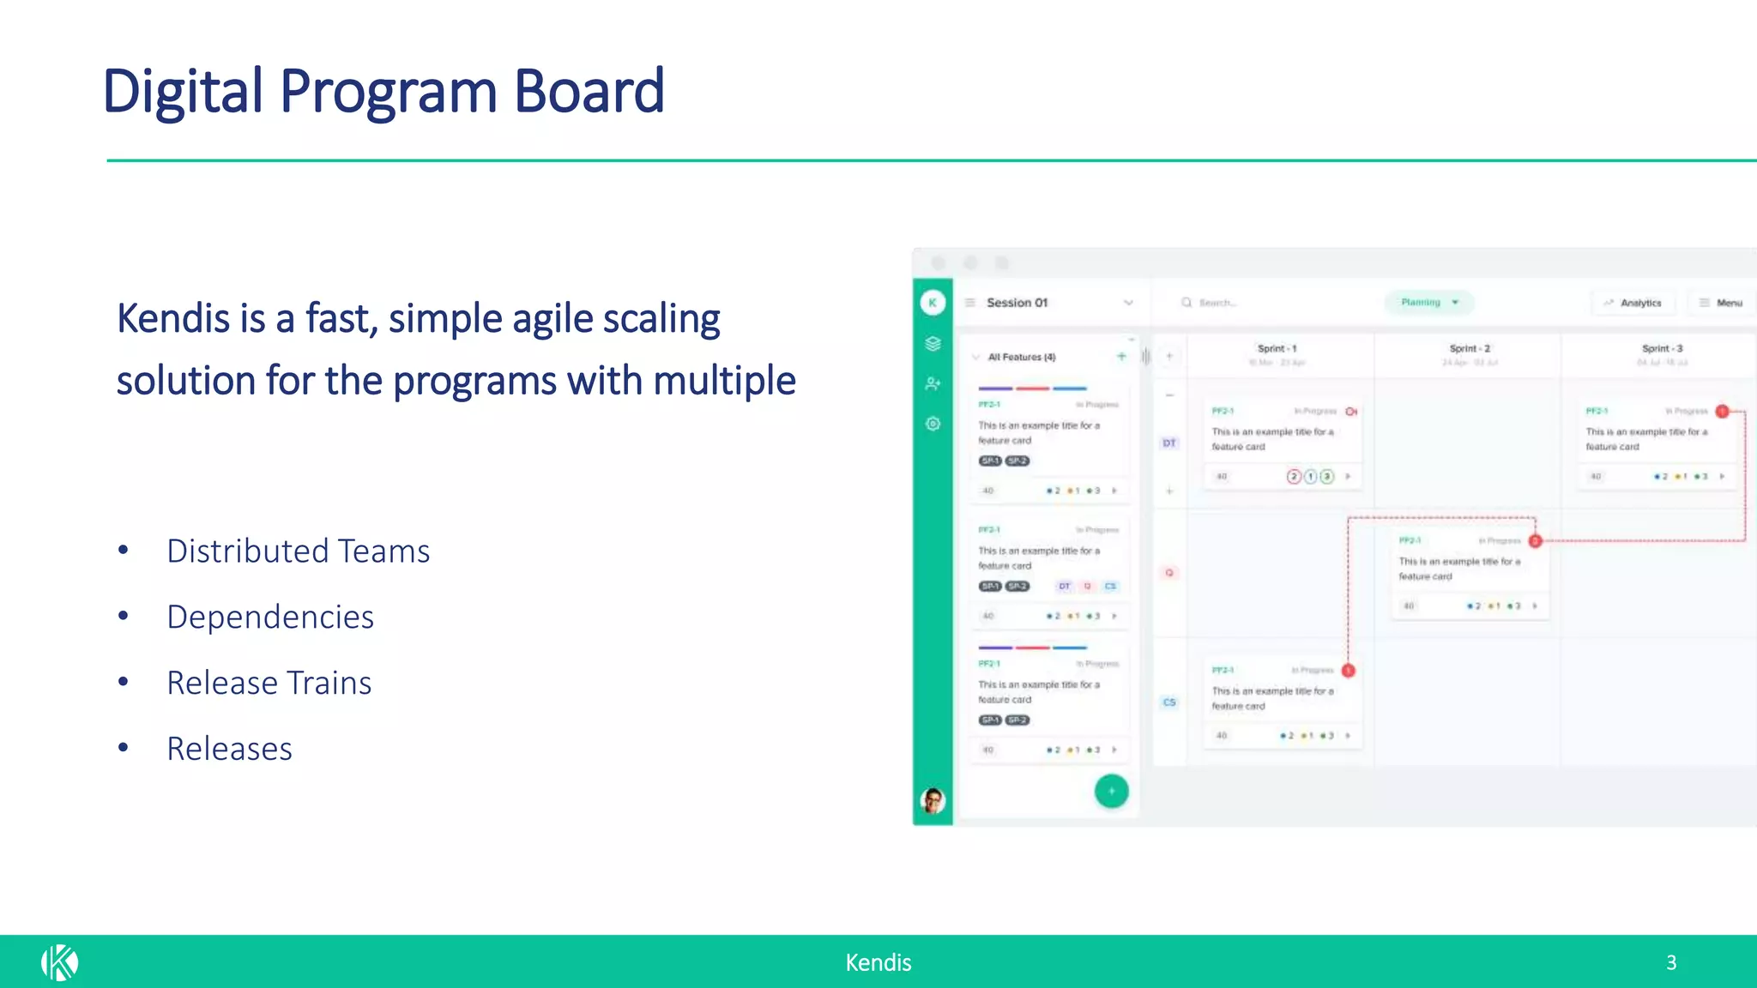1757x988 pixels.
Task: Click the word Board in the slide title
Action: (x=589, y=91)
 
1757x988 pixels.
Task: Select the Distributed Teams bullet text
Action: (x=298, y=551)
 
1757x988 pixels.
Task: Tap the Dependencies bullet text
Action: (x=270, y=617)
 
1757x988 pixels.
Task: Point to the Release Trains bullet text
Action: (x=269, y=684)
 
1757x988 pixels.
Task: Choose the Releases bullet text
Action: (x=229, y=750)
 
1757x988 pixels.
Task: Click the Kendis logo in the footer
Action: (x=59, y=962)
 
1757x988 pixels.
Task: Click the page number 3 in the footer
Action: (x=1671, y=962)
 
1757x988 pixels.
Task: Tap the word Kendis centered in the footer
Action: (x=878, y=962)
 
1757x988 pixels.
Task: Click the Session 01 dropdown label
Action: (x=1017, y=303)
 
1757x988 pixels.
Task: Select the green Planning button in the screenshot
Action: (x=1428, y=303)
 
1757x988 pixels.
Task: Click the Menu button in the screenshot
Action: (x=1721, y=303)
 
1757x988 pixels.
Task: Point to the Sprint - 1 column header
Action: (x=1277, y=349)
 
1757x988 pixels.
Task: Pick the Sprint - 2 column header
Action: (x=1470, y=349)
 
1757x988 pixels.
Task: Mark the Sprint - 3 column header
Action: (x=1662, y=349)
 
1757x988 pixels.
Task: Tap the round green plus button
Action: (x=1111, y=791)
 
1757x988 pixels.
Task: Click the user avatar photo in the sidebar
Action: (x=933, y=800)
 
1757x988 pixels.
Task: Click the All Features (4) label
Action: (x=1021, y=357)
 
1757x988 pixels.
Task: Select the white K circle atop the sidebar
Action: (x=933, y=303)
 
